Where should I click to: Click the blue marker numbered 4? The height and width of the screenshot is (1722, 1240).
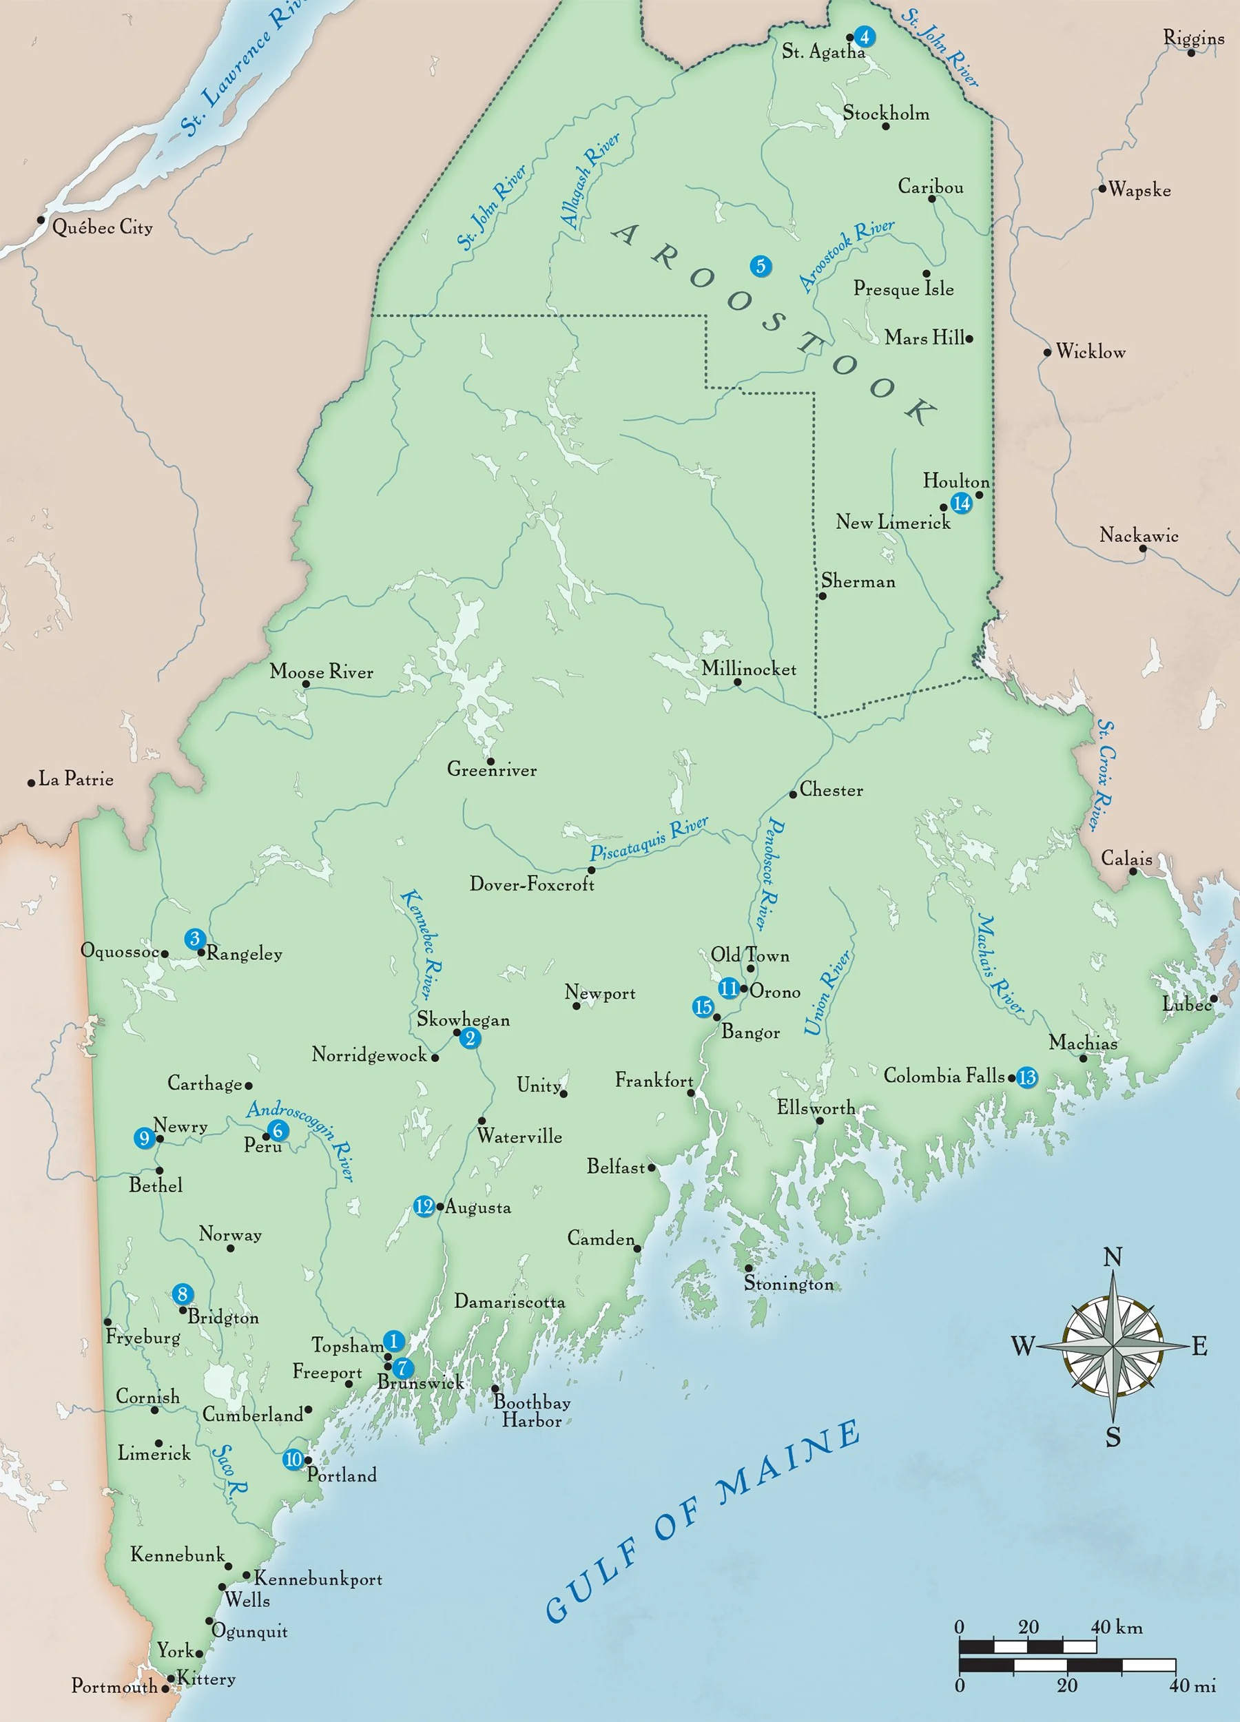tap(863, 37)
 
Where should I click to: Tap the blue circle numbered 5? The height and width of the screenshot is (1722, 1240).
tap(760, 266)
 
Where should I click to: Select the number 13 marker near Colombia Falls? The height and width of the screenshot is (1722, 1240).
tap(1026, 1077)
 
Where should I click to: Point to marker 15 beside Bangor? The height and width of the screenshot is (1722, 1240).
tap(703, 1007)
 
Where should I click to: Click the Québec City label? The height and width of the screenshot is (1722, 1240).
tap(102, 227)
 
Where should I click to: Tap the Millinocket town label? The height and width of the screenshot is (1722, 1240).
tap(748, 669)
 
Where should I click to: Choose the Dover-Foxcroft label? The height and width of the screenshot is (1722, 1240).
tap(532, 884)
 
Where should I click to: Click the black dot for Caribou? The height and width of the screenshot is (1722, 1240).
tap(931, 199)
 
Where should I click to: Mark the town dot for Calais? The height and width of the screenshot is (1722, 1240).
tap(1132, 871)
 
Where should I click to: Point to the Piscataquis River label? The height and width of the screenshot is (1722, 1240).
tap(649, 839)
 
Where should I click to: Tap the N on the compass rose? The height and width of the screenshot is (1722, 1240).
tap(1113, 1258)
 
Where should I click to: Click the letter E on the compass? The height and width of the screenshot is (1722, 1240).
tap(1199, 1346)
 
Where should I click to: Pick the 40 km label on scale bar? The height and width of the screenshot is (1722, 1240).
tap(1116, 1627)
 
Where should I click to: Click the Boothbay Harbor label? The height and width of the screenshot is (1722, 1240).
tap(532, 1411)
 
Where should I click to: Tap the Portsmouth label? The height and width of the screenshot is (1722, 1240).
tap(114, 1686)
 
